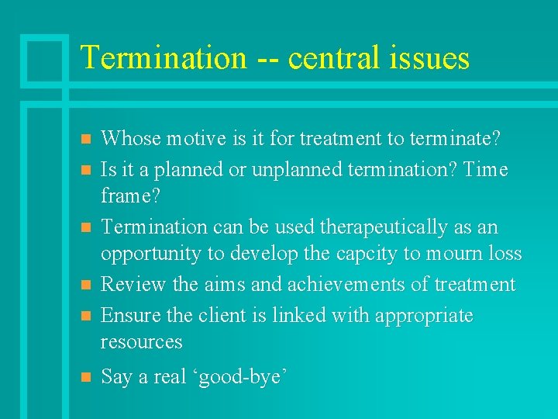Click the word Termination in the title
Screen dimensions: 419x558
(163, 58)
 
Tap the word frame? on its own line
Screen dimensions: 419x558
(130, 196)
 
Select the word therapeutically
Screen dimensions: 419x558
(376, 227)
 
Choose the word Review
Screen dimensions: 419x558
(134, 285)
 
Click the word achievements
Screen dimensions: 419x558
(347, 285)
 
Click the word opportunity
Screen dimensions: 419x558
(151, 254)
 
